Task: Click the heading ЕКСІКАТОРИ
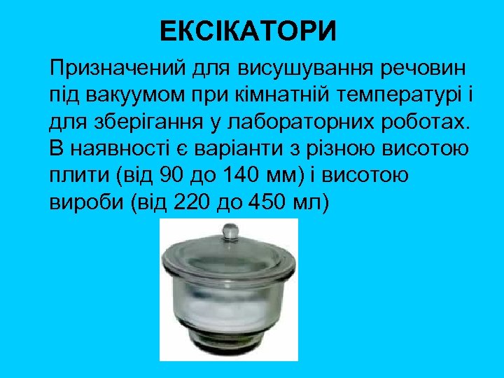(x=248, y=31)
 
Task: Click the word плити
(x=78, y=174)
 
